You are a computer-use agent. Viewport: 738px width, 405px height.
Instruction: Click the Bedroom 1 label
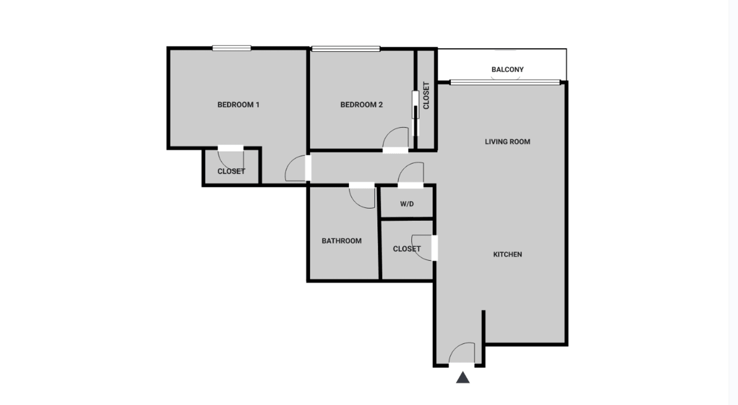238,105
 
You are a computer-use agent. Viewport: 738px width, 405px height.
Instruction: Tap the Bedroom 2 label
361,105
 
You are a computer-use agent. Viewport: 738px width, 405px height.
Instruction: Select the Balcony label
507,70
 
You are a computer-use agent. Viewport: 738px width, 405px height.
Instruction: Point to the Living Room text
507,142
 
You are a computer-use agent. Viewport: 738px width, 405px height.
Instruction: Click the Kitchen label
507,255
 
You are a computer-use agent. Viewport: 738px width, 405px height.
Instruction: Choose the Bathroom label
342,241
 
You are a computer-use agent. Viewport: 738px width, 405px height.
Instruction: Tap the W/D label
407,204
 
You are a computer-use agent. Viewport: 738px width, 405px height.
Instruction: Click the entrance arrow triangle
463,378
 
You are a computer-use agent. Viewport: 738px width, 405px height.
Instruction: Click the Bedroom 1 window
232,48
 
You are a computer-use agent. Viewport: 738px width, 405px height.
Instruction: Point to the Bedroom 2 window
346,49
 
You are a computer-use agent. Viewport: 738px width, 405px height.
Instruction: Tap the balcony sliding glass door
505,82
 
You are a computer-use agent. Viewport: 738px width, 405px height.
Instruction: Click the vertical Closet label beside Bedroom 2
426,96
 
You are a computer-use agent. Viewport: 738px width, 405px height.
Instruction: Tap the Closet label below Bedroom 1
231,172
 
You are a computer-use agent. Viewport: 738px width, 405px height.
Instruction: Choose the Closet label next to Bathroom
407,249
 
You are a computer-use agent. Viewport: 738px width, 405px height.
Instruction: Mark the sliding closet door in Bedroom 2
416,113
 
